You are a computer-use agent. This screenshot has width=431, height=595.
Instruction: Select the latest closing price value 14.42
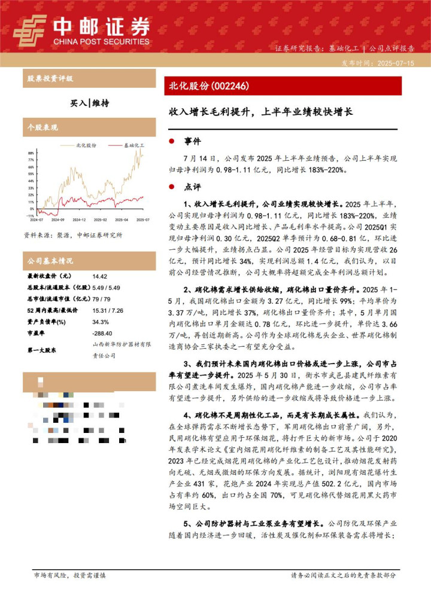coord(100,276)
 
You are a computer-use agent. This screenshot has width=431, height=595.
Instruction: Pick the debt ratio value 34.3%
coord(101,321)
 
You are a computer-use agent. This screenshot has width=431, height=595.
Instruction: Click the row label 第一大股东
coord(44,350)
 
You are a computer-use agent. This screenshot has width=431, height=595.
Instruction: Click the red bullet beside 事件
coord(172,142)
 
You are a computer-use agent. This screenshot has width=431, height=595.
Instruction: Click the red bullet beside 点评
coord(172,187)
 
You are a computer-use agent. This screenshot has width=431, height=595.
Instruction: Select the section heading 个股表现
coord(43,127)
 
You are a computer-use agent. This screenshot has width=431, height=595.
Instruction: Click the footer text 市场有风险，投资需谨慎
coord(70,575)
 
